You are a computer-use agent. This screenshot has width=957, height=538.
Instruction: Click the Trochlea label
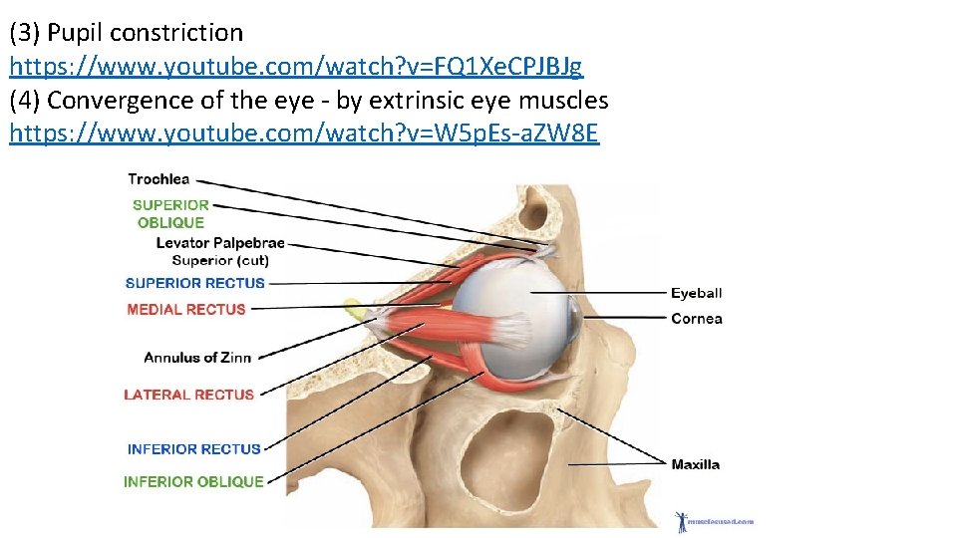coord(159,179)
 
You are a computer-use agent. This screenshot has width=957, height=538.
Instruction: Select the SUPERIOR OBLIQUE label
coord(170,213)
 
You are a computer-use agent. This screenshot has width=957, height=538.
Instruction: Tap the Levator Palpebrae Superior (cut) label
coord(220,251)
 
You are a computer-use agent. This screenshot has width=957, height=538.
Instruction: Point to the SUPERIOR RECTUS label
coord(195,283)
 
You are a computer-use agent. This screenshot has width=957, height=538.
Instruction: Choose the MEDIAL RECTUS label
coord(186,309)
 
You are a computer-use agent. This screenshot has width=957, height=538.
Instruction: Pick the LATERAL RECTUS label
coord(189,395)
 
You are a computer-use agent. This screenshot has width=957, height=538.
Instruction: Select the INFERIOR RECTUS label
coord(194,449)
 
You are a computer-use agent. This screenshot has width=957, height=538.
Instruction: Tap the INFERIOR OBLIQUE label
coord(193,481)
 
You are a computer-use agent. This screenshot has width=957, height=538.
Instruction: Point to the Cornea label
coord(697,319)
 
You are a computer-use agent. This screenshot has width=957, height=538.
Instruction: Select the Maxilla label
coord(696,464)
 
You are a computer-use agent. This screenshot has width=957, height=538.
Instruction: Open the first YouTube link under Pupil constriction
coord(296,67)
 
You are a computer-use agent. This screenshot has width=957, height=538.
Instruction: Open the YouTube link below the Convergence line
coord(304,133)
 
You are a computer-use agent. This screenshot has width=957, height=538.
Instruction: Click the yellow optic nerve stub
coord(353,310)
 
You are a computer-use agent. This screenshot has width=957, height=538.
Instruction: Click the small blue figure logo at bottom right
coord(683,520)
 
